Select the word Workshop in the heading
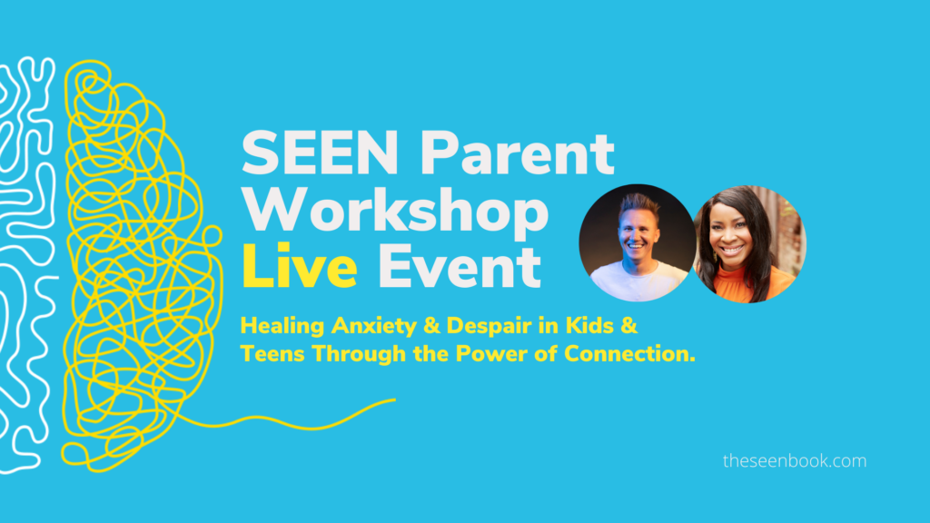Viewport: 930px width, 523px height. click(x=395, y=211)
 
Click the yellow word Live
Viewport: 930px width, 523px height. click(x=299, y=266)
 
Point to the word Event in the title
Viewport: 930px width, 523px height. click(x=459, y=266)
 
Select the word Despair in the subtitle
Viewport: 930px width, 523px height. click(x=480, y=326)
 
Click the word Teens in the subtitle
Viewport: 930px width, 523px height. click(x=272, y=353)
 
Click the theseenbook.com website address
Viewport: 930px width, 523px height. click(x=794, y=460)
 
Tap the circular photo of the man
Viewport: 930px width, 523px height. click(x=638, y=243)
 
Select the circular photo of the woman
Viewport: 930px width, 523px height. click(x=749, y=244)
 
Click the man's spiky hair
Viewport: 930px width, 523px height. click(x=638, y=204)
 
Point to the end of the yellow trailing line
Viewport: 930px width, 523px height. click(x=395, y=400)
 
